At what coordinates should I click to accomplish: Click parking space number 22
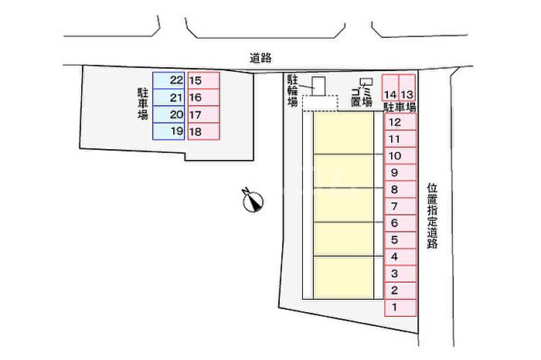pos(168,80)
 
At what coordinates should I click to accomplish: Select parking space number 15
pos(203,80)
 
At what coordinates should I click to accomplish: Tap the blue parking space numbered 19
pos(168,131)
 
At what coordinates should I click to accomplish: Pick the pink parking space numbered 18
pos(203,131)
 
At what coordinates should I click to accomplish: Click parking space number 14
pos(390,88)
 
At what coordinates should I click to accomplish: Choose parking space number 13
pos(407,88)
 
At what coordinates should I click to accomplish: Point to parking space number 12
pos(400,122)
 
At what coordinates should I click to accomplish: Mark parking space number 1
pos(400,307)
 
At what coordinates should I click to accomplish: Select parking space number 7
pos(400,206)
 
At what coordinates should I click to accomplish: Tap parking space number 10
pos(400,155)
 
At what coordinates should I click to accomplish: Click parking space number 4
pos(400,257)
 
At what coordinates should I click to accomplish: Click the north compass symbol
pos(253,200)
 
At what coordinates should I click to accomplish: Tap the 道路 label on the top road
pos(260,58)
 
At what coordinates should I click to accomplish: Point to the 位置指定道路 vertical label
pos(432,216)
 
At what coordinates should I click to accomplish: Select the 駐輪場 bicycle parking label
pos(293,91)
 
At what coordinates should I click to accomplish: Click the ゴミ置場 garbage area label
pos(362,97)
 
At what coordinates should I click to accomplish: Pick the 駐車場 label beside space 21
pos(143,104)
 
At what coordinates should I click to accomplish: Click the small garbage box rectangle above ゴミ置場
pos(366,82)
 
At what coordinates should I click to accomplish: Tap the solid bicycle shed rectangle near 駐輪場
pos(318,86)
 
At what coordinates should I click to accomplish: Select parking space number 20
pos(168,114)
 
